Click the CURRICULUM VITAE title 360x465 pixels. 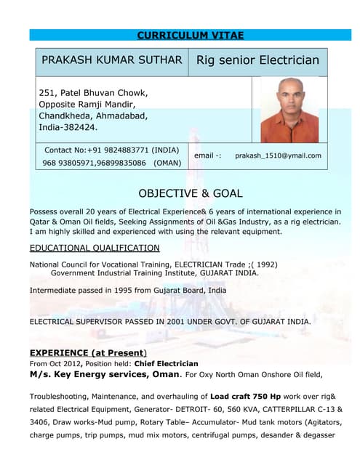coord(190,35)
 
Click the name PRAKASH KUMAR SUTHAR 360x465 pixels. coord(111,60)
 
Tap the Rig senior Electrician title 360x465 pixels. coord(257,60)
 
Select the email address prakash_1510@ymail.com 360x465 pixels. coord(278,155)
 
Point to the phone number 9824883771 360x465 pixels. coord(121,150)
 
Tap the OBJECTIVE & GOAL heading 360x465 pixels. coord(190,193)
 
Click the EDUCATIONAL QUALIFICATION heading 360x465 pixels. coord(94,248)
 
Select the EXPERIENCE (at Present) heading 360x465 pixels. coord(87,352)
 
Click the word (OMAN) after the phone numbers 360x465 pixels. coord(167,163)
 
